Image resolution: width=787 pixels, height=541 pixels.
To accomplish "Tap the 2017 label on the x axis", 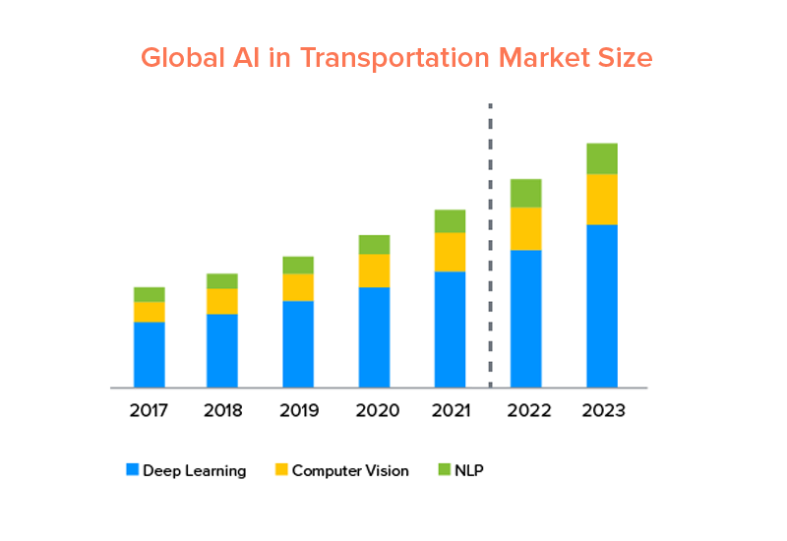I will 149,410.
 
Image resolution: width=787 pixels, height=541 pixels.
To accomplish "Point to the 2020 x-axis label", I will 374,410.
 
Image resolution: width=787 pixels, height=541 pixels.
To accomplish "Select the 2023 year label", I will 602,410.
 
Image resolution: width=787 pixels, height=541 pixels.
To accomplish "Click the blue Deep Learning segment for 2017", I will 150,354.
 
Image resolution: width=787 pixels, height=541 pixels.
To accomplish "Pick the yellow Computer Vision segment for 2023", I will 602,199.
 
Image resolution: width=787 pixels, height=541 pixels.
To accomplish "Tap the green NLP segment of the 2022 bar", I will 526,193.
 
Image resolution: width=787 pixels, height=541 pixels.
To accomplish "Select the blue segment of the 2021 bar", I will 450,329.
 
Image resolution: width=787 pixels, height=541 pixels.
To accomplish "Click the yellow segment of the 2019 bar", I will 298,287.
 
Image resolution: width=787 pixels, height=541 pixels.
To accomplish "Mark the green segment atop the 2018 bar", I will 222,280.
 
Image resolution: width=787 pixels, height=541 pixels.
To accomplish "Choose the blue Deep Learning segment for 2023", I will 602,305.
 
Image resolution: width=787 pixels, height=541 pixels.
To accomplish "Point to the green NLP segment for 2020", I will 374,244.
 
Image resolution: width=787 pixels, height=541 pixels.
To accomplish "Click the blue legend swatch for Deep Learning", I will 132,470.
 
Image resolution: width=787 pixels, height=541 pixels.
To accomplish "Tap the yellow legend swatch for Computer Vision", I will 281,470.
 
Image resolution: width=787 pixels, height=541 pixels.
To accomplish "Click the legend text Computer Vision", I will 350,470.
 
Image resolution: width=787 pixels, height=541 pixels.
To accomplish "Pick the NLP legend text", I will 469,470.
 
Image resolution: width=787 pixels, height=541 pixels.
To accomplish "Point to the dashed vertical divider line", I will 490,246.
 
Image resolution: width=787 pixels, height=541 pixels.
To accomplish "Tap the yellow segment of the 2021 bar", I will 450,252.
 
